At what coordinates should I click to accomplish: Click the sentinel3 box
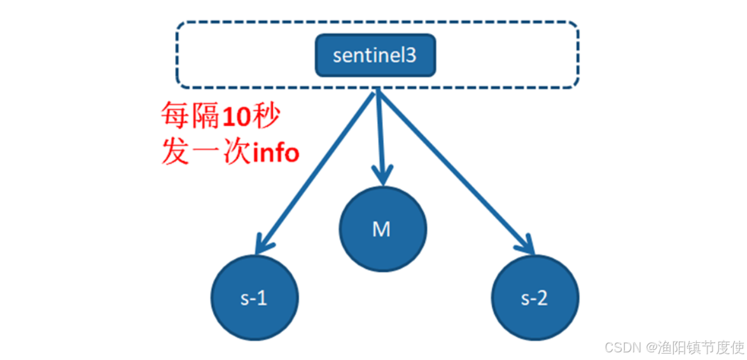(x=375, y=55)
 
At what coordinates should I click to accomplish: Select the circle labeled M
(x=382, y=229)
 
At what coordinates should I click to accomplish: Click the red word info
(x=274, y=153)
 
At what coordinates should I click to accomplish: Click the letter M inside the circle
(x=381, y=230)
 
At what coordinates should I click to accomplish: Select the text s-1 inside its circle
(x=254, y=298)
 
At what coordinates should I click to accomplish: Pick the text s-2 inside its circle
(x=534, y=298)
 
